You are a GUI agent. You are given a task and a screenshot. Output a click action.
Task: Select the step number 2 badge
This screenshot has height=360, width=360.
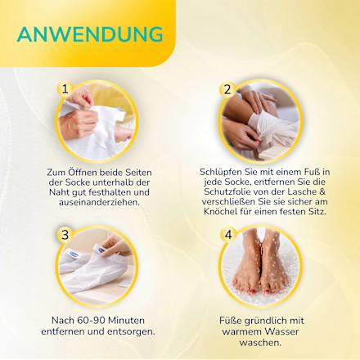coord(228,89)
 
